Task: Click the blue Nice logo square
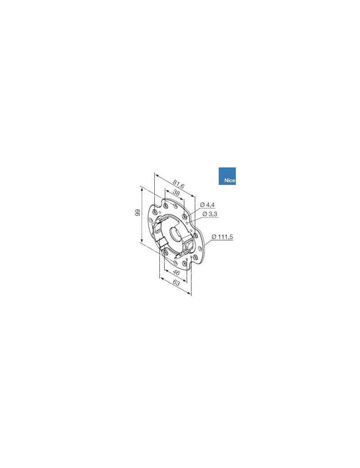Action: (227, 176)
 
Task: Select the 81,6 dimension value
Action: (179, 184)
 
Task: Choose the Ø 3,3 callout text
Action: (210, 214)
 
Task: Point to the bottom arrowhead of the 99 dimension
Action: (142, 242)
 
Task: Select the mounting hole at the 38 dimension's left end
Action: (165, 206)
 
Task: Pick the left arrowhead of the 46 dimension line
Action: (165, 271)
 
